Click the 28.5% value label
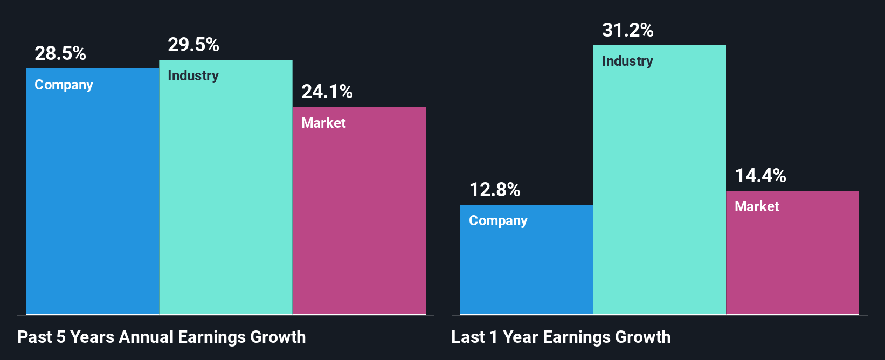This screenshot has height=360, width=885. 60,53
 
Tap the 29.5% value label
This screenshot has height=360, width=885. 193,45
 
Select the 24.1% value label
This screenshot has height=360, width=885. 327,92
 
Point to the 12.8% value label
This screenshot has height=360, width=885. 495,190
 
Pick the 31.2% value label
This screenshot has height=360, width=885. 628,30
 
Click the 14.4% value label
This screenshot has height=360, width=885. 760,176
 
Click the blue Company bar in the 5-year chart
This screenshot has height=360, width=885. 92,205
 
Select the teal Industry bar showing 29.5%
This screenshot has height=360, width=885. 226,199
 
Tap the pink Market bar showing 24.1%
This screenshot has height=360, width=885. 359,221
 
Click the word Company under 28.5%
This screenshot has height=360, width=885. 64,85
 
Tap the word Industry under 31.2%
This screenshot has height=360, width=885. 627,61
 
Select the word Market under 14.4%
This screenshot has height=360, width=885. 757,206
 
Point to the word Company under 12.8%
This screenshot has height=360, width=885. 498,221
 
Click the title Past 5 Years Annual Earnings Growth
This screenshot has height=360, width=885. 162,337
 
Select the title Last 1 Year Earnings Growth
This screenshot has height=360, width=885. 561,337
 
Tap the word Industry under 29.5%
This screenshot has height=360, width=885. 193,76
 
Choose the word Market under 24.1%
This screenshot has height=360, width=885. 323,123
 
